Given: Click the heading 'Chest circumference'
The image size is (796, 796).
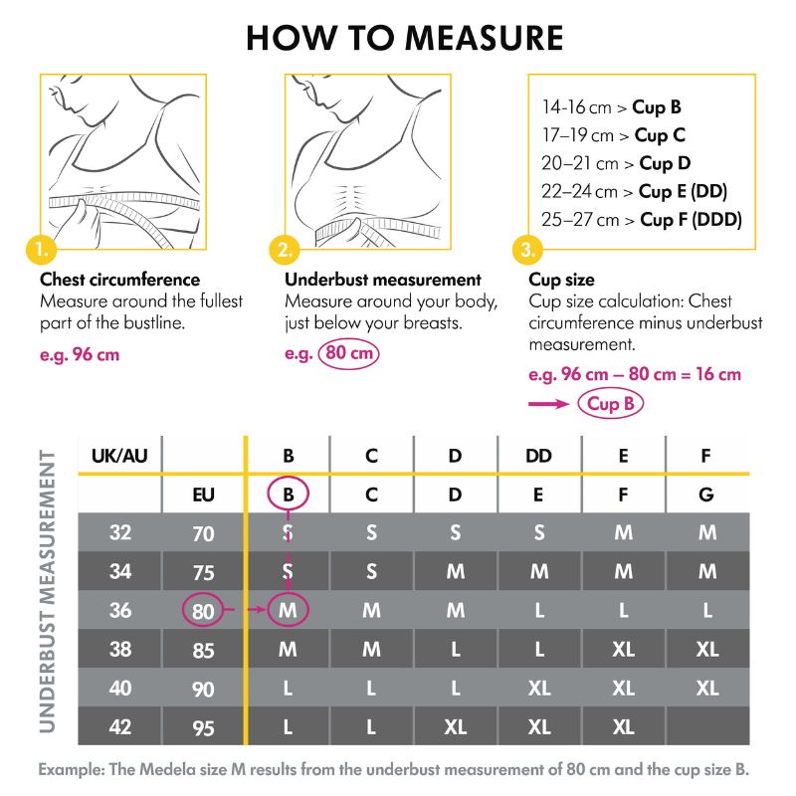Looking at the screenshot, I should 119,281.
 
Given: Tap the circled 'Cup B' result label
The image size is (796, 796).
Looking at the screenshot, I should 610,403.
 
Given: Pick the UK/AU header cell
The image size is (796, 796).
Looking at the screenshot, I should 119,457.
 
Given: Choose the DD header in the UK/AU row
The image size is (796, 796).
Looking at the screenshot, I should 538,457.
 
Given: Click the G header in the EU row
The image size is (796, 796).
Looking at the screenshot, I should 706,495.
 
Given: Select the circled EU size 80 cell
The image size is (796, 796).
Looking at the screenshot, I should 203,610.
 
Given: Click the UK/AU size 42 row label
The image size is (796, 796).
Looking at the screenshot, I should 119,726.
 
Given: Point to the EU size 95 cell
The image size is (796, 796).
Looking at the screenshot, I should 203,727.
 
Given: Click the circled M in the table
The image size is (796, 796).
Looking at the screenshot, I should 289,610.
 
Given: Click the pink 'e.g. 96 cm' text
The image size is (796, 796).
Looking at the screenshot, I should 80,354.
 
